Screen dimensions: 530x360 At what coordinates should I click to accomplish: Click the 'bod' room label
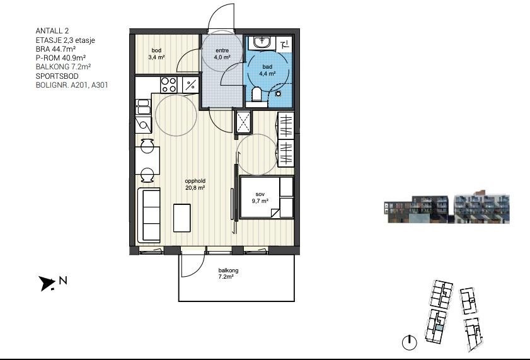156,50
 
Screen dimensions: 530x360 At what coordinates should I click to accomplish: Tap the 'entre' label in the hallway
222,50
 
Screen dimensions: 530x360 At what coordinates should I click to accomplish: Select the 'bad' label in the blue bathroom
267,67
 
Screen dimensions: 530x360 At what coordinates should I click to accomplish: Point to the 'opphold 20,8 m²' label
195,185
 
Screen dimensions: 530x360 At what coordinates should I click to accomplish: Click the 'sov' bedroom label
260,194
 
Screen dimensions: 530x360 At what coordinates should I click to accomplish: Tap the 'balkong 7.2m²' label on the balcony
228,274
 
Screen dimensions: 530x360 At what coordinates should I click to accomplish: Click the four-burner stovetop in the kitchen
169,85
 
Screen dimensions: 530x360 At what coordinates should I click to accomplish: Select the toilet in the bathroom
257,95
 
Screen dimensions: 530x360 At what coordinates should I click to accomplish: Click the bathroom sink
262,42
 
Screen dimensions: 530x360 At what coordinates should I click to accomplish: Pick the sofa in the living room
149,216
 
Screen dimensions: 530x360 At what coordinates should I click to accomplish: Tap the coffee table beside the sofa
182,218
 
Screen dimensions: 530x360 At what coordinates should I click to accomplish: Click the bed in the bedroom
266,197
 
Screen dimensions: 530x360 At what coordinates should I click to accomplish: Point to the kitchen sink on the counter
142,107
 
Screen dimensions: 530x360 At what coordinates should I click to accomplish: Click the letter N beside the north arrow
63,281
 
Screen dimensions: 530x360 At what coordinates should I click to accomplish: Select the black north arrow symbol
47,283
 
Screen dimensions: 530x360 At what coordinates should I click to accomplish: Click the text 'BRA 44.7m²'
55,49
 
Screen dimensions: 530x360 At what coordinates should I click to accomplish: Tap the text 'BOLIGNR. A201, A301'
72,85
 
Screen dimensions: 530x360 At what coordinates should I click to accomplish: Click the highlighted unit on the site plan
439,327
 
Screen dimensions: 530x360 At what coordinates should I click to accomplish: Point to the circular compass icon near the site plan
410,343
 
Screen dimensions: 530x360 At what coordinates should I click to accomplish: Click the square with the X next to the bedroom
243,122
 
